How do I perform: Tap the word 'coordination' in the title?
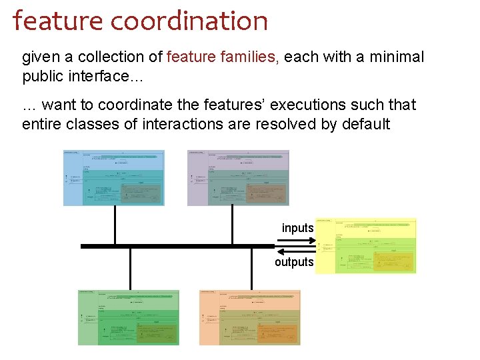tap(189, 21)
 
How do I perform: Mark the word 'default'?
tap(365, 124)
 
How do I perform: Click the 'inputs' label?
tap(297, 228)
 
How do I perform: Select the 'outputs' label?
tap(294, 262)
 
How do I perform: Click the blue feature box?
tap(113, 177)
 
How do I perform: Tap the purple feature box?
tap(238, 177)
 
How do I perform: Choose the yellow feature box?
tap(365, 246)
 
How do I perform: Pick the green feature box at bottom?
tap(129, 317)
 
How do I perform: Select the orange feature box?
tap(250, 317)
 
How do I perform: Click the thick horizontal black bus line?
tap(173, 246)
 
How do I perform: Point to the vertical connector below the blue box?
tap(115, 225)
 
